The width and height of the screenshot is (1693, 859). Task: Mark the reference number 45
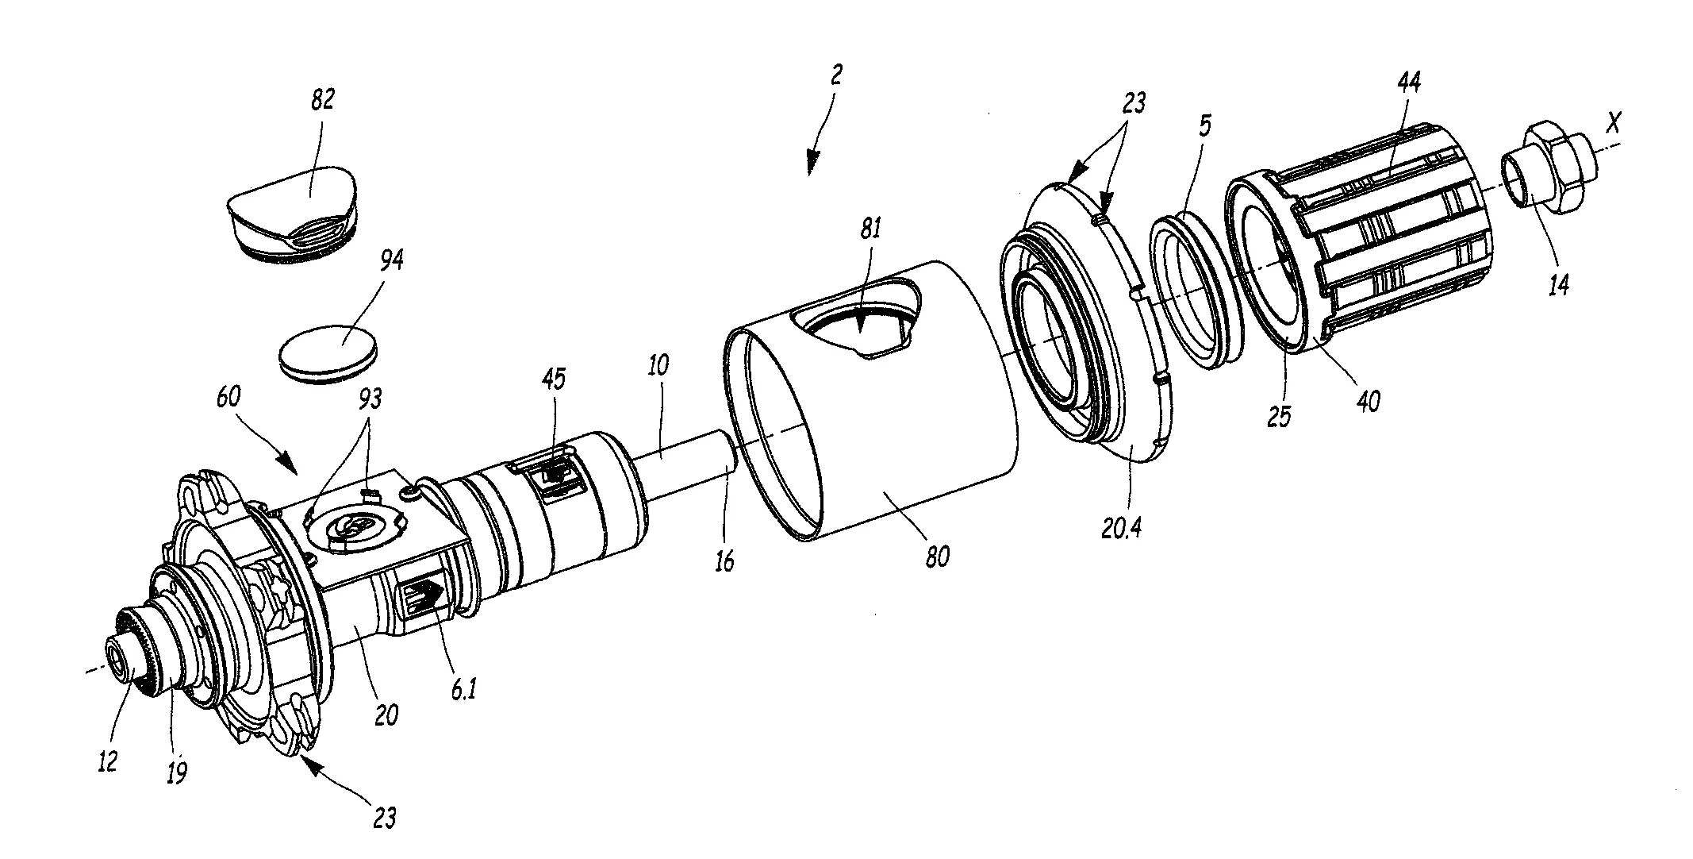(x=554, y=379)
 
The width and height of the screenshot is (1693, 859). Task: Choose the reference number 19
(x=177, y=771)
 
